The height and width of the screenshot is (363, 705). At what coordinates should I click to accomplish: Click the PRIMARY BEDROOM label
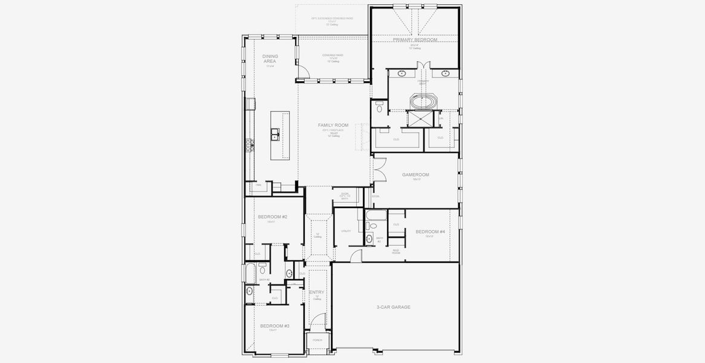coord(415,40)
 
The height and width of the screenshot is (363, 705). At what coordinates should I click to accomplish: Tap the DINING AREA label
coord(270,59)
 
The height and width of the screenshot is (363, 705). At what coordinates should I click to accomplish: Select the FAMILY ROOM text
coord(333,125)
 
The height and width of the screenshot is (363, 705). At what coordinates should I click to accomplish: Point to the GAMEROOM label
coord(415,175)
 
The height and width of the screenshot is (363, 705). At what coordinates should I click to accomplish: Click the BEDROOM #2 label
coord(272,217)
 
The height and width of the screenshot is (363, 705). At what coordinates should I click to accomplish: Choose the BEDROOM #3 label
coord(275,325)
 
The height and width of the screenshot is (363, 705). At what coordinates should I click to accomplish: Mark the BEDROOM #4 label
coord(430,232)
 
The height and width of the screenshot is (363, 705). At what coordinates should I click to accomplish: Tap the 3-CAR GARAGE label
coord(393,307)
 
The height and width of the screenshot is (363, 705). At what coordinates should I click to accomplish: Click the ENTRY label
coord(317,292)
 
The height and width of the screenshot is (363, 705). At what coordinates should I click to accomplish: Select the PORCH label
coord(317,340)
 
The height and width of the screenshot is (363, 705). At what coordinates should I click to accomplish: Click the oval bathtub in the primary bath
coord(423,100)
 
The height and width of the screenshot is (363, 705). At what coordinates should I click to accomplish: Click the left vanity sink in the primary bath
coord(401,74)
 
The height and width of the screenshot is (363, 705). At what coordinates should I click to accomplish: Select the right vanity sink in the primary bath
coord(446,74)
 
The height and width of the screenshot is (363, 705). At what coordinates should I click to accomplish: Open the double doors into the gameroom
coord(378,172)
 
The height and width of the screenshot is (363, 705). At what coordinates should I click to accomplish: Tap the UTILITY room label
coord(346,231)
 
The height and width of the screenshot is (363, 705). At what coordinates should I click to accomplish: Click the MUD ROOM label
coord(396,252)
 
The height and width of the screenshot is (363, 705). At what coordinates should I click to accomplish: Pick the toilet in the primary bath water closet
coord(378,106)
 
